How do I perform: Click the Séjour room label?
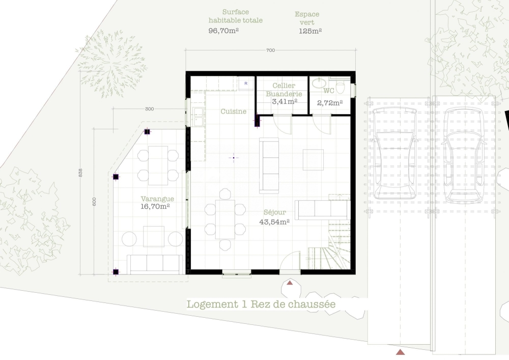point(275,212)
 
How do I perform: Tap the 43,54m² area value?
point(275,222)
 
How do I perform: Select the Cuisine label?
point(234,112)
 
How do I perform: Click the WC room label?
point(329,91)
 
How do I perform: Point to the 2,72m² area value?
point(330,103)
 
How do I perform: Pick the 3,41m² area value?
point(285,101)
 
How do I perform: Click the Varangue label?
point(157,199)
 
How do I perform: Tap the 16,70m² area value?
point(155,206)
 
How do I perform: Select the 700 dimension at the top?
point(270,50)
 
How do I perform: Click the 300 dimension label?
point(149,109)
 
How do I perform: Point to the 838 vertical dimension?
point(80,173)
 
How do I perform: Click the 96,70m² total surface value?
point(223,31)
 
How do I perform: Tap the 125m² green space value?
point(310,31)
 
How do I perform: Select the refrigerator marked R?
point(246,84)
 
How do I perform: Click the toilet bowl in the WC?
point(340,87)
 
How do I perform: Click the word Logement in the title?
point(212,304)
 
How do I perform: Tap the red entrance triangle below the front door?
point(290,283)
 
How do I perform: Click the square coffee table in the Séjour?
point(313,160)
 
